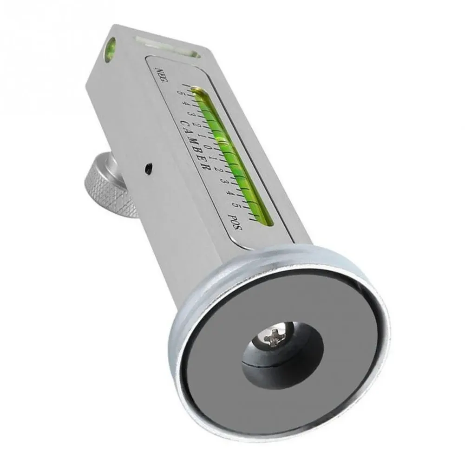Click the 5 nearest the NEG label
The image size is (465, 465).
click(178, 91)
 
